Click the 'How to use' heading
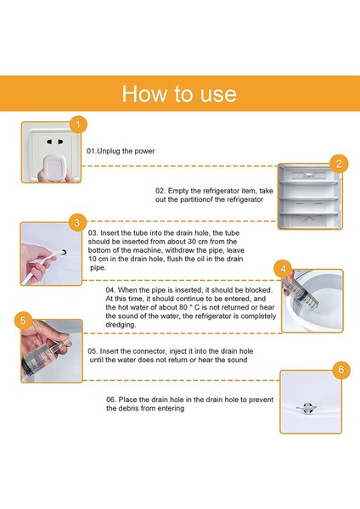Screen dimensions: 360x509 [x=179, y=94]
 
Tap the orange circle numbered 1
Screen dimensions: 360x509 [x=78, y=125]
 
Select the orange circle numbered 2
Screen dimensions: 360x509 [x=339, y=164]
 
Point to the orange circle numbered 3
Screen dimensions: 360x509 [x=77, y=222]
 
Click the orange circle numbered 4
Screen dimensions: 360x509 [x=283, y=269]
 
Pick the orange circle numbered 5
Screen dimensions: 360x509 [x=23, y=321]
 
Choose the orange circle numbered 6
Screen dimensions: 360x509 [x=341, y=369]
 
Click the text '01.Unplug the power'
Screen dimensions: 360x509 [x=121, y=151]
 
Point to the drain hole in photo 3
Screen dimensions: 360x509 [x=64, y=252]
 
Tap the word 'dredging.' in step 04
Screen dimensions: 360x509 [x=121, y=325]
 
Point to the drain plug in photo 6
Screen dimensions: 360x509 [x=307, y=408]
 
